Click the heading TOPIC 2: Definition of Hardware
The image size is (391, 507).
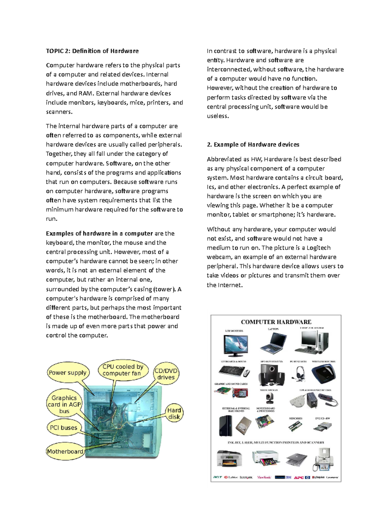tap(92, 51)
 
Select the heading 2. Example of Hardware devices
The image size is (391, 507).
tap(253, 145)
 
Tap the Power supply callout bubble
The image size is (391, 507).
tap(67, 372)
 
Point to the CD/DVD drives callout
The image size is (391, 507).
tap(166, 374)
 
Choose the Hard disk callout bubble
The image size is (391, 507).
tap(174, 413)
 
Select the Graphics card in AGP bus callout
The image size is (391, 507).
tap(64, 404)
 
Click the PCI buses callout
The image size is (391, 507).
tap(64, 428)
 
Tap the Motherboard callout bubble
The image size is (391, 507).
tap(65, 452)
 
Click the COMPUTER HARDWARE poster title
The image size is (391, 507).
tap(276, 322)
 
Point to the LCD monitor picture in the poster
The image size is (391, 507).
tap(236, 345)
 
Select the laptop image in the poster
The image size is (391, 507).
tap(274, 343)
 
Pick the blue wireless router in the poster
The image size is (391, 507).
tap(323, 374)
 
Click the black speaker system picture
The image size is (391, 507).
tap(269, 374)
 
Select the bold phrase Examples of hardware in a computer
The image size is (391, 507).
tap(99, 233)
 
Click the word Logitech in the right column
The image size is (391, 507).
tap(318, 248)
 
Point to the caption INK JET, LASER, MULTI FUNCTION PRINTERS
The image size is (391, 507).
tap(276, 443)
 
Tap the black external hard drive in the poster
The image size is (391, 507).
tap(225, 426)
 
